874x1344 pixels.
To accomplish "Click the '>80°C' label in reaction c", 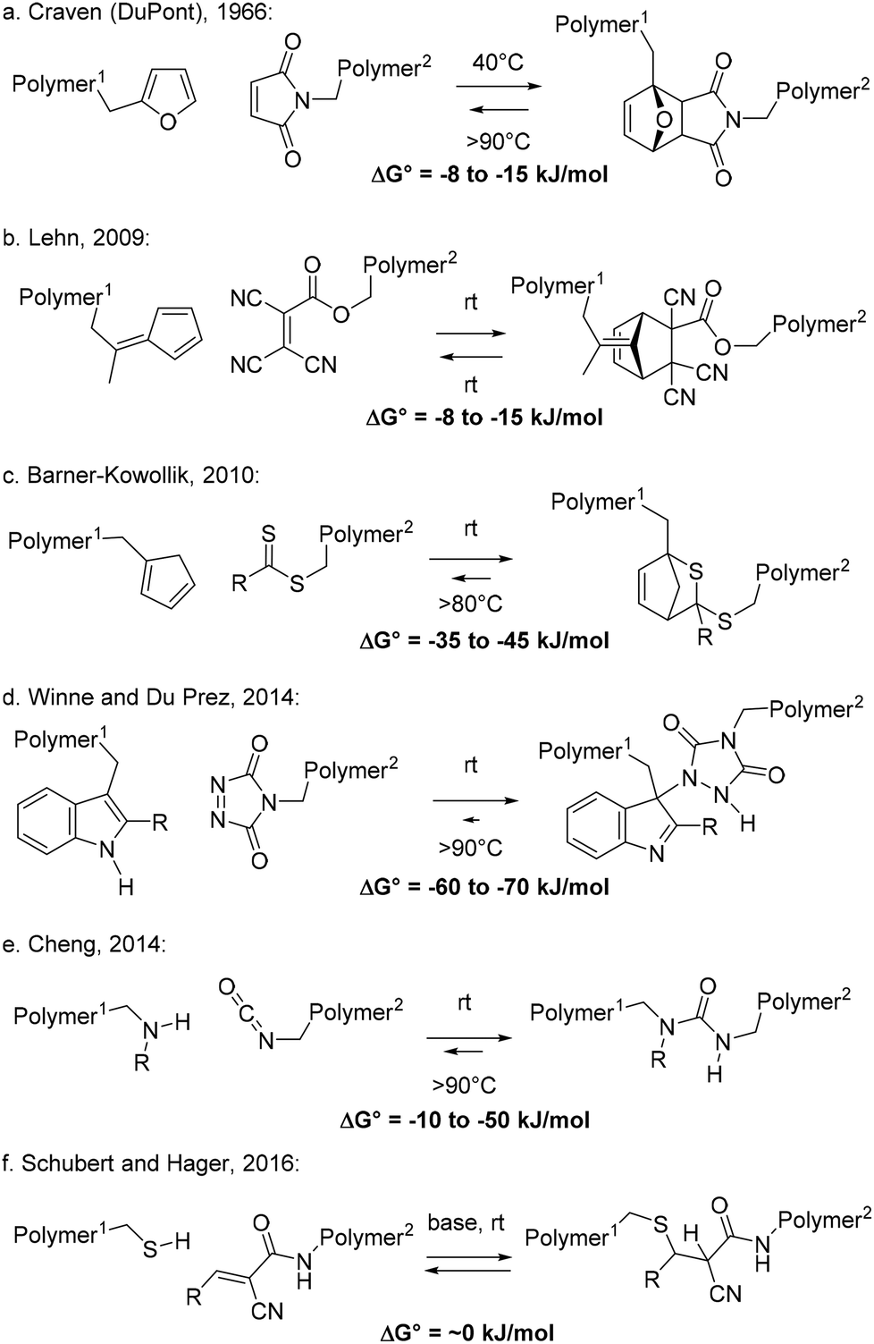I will (470, 604).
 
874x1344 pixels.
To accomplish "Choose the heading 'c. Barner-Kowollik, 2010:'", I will (131, 475).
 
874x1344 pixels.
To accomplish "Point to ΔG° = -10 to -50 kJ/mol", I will (465, 1120).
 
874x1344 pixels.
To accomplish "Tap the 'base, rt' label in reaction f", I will (466, 1223).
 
